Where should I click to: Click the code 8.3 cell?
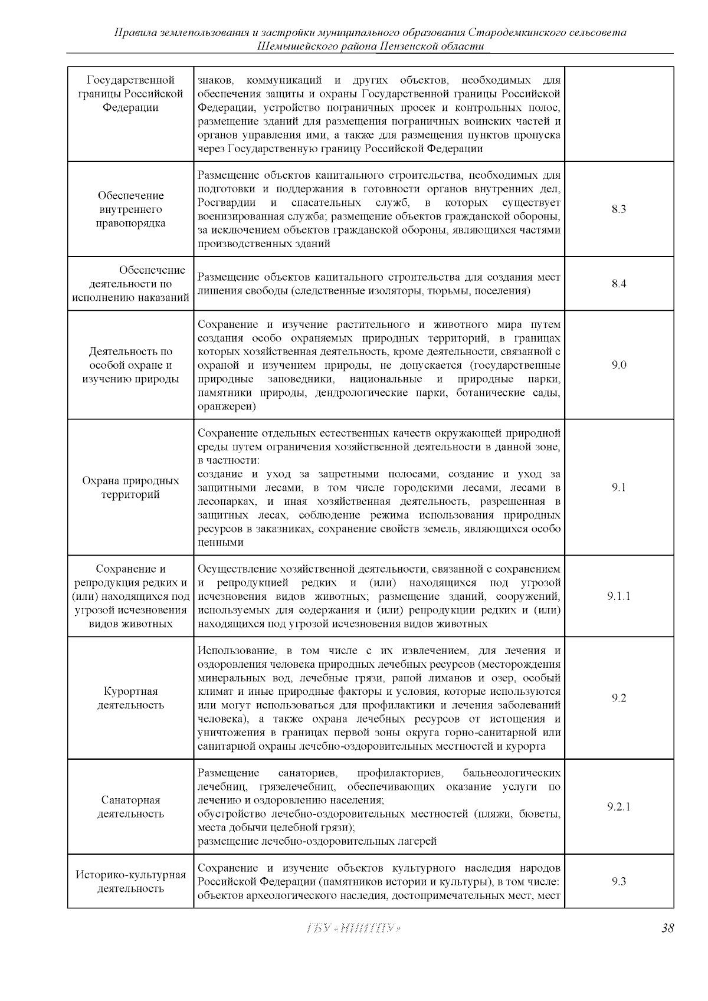618,209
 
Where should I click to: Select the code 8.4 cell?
618,284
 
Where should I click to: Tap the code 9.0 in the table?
618,365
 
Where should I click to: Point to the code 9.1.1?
618,596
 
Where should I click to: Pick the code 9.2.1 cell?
618,807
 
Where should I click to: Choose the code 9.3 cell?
618,882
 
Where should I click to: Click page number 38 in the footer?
667,928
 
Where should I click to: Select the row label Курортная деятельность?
130,698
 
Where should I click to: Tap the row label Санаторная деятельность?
130,807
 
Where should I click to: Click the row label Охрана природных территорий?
130,488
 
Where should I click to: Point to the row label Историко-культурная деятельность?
130,882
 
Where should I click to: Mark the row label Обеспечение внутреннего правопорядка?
130,209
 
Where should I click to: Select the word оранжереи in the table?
225,407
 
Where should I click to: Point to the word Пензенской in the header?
409,46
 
